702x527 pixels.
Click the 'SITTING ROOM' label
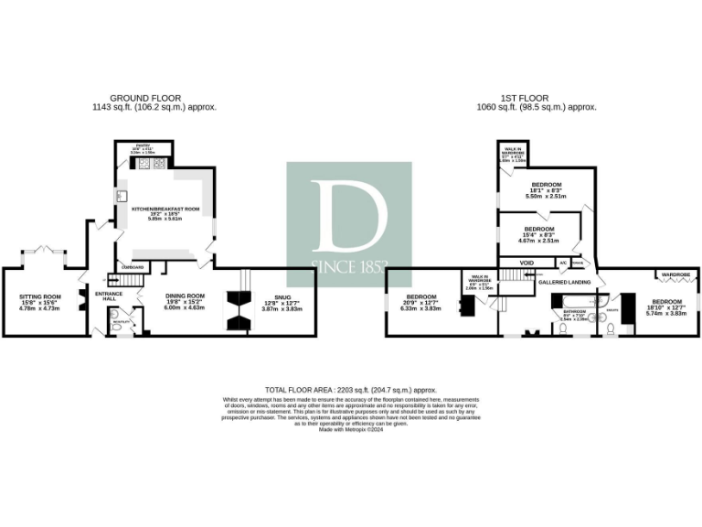pos(39,296)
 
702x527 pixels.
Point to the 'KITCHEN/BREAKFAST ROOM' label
pos(165,210)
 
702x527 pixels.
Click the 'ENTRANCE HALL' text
pos(109,296)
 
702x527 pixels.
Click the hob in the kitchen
pos(150,165)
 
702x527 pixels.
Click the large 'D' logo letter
pos(348,217)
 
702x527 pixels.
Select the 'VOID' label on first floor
pos(526,263)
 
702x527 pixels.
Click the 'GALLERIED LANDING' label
pos(563,282)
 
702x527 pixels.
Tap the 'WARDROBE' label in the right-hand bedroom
pos(675,274)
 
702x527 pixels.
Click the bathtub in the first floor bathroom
pos(573,300)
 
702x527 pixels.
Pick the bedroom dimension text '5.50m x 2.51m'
pos(547,196)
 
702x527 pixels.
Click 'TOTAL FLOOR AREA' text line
pos(351,389)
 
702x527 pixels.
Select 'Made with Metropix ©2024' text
pos(351,429)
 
